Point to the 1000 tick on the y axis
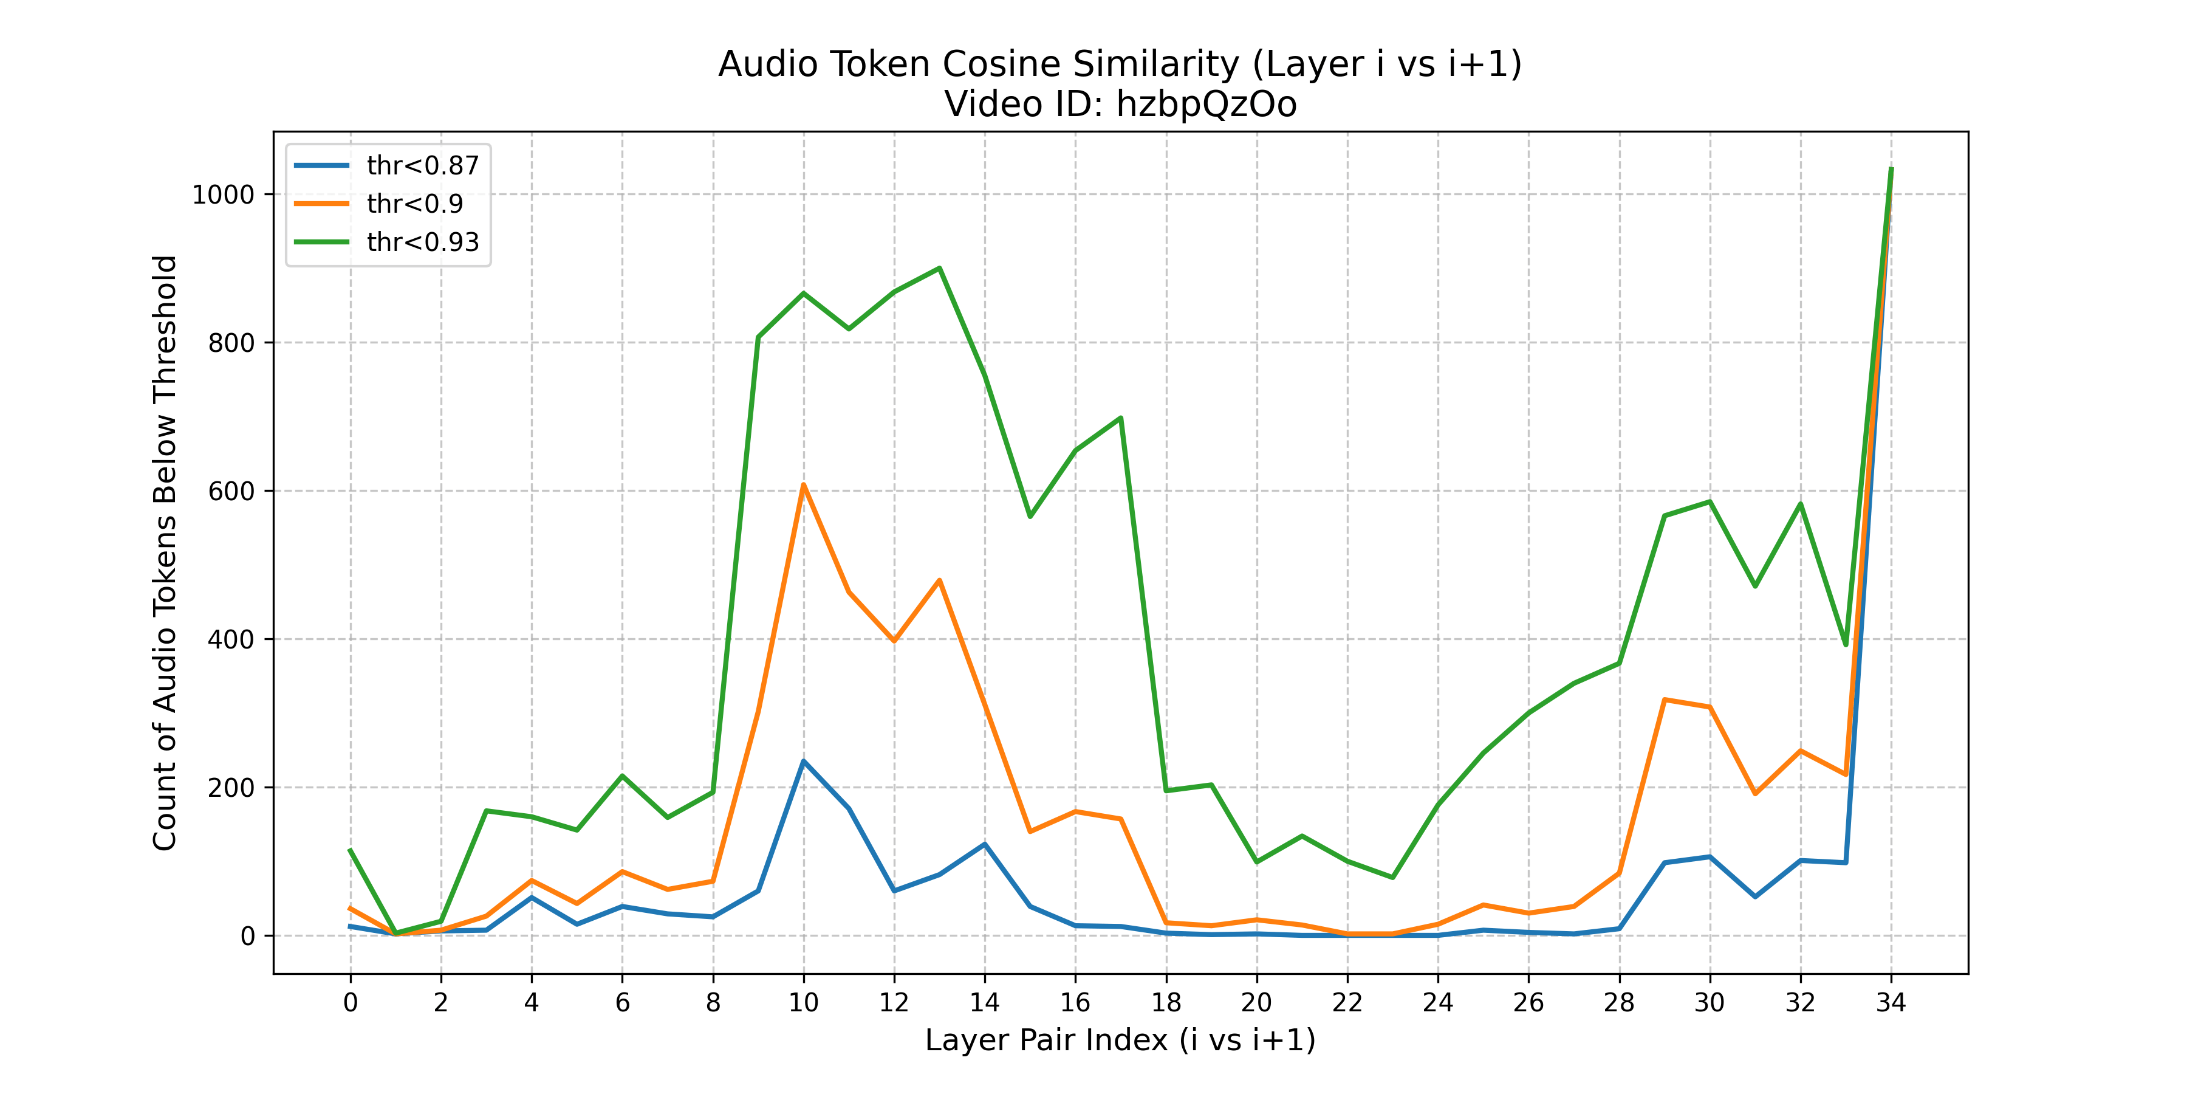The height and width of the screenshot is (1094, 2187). (x=224, y=194)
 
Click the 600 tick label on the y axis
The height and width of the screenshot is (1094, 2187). (x=231, y=491)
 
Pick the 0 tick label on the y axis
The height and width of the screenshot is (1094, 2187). (x=247, y=936)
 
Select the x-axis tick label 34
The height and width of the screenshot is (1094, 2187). (x=1891, y=1003)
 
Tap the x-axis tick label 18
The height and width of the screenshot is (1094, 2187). (x=1166, y=1003)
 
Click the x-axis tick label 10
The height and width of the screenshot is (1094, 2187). (x=803, y=1003)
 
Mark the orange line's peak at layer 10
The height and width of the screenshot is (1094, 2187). (x=803, y=485)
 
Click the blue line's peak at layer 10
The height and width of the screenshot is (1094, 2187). (x=803, y=761)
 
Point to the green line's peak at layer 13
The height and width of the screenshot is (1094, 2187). (x=939, y=269)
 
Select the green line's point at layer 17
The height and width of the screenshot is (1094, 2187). (x=1121, y=418)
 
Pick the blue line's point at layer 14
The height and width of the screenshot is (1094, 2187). (x=985, y=844)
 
